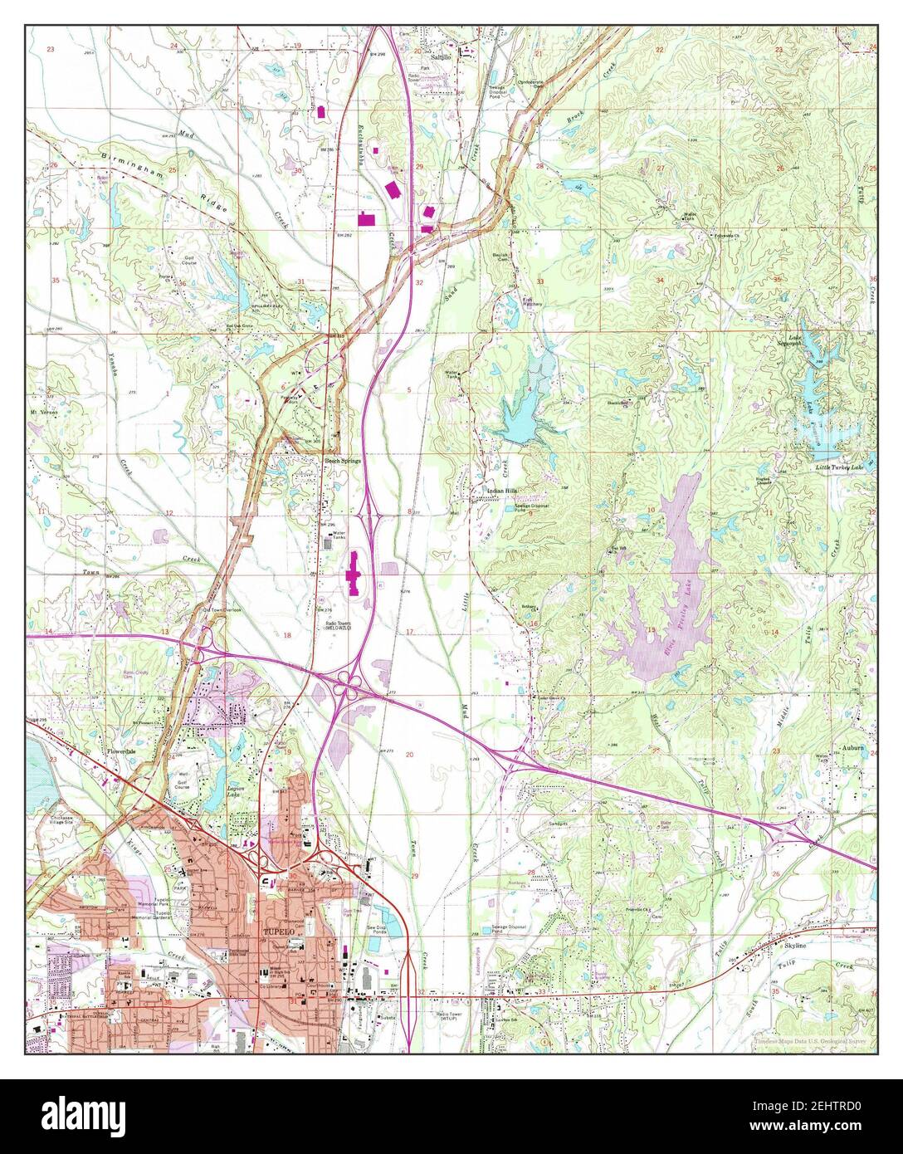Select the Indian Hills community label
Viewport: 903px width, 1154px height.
[491, 491]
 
